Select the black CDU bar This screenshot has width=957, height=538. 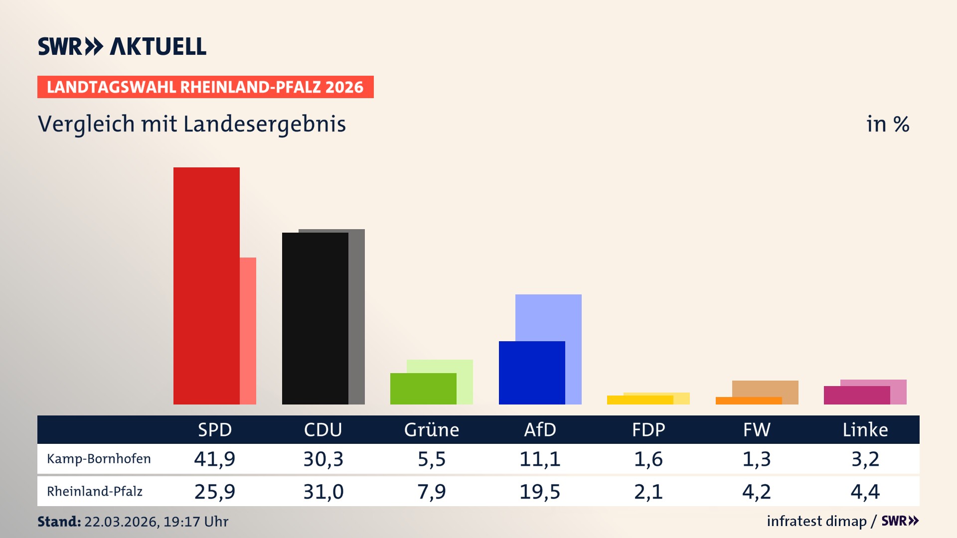tap(315, 318)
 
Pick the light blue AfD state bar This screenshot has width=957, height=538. tap(548, 317)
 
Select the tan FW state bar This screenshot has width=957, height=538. tap(765, 388)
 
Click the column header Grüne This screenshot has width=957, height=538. tap(432, 430)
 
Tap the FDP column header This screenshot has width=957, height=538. tap(648, 430)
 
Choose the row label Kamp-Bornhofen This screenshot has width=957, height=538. tap(99, 459)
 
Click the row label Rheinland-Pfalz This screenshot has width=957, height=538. tap(95, 492)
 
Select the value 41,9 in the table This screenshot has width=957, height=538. tap(215, 459)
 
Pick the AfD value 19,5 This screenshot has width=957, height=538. tap(540, 492)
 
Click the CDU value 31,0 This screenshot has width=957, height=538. tap(323, 492)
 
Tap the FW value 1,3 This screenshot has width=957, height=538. tap(757, 459)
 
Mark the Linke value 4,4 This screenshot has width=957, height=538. tap(865, 492)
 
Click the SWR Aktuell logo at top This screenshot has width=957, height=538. tap(122, 46)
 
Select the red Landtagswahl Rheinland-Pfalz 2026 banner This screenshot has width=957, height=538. tap(205, 87)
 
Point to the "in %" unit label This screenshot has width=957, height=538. tap(888, 124)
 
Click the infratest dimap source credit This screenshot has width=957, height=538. tap(816, 521)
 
